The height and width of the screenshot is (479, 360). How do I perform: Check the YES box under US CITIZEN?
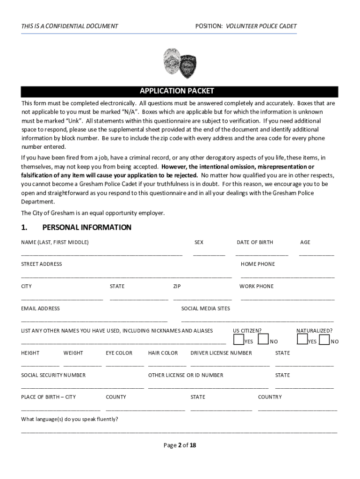(238, 339)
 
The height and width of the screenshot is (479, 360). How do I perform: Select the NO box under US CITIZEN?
(263, 339)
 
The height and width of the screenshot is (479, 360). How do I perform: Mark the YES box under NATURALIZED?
(302, 339)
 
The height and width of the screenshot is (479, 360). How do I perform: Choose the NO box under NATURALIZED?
(324, 339)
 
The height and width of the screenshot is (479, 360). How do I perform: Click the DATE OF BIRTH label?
(255, 242)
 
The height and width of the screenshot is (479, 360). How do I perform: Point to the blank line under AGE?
(317, 255)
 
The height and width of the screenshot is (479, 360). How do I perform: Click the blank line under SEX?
(209, 255)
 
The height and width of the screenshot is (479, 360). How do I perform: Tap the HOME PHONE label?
(258, 264)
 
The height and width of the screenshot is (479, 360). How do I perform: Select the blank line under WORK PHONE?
(287, 299)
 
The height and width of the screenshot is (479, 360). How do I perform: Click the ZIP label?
(177, 286)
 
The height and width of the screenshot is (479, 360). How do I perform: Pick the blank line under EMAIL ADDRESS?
(94, 321)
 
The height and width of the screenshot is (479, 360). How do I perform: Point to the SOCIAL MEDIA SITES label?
(205, 309)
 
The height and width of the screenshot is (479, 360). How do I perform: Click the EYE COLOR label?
(119, 353)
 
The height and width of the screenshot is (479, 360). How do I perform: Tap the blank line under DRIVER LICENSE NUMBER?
(230, 366)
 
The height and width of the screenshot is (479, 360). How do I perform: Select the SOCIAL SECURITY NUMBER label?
(53, 375)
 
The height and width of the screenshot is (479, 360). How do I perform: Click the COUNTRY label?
(270, 397)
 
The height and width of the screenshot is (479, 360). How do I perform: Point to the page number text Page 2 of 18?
(180, 445)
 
